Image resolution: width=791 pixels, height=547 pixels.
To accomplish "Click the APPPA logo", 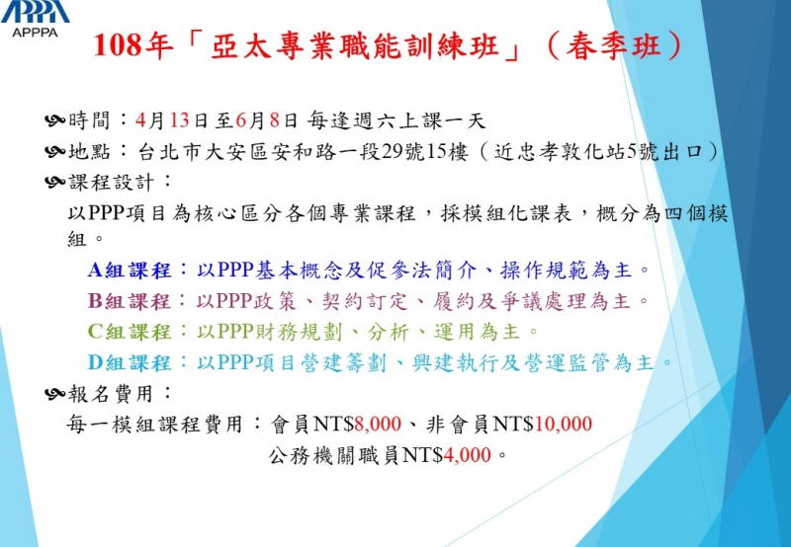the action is [x=35, y=18].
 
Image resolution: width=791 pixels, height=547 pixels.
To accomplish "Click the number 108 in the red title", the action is [x=117, y=46].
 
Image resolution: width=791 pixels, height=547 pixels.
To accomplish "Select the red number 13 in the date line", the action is [x=179, y=120].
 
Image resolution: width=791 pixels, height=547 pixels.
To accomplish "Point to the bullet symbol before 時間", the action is [x=55, y=120].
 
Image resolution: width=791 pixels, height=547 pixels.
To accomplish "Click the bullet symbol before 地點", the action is [x=55, y=151].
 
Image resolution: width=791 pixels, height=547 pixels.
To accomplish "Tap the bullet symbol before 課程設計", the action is [x=55, y=182].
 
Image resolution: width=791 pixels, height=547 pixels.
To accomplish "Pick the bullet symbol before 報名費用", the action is [x=55, y=393].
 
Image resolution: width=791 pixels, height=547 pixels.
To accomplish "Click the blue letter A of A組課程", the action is [x=95, y=270].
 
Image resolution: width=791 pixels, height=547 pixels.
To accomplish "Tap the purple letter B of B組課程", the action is [x=95, y=301].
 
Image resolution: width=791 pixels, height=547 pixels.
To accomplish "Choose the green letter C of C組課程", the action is [x=95, y=332].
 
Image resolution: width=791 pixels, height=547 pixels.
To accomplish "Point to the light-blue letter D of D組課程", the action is [x=95, y=362].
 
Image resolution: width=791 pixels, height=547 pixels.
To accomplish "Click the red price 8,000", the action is [x=378, y=424].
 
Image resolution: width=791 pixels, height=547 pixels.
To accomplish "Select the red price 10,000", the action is [x=563, y=424].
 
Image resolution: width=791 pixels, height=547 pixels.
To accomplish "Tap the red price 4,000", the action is [x=467, y=455].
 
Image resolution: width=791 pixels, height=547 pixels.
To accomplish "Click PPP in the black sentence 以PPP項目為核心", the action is [x=106, y=213].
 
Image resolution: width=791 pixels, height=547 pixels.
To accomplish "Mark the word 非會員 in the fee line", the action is [x=458, y=424].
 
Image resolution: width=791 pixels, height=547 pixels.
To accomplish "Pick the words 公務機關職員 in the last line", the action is [x=334, y=455].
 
